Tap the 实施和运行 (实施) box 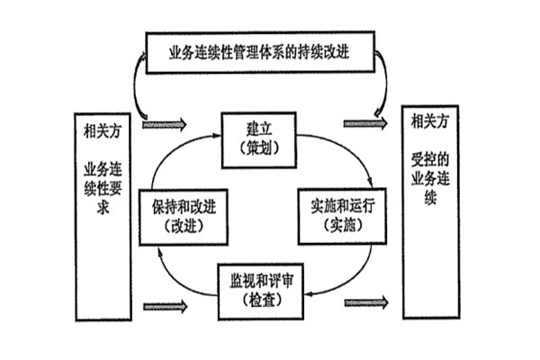click(x=337, y=217)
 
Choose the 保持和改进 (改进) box click(x=181, y=217)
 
